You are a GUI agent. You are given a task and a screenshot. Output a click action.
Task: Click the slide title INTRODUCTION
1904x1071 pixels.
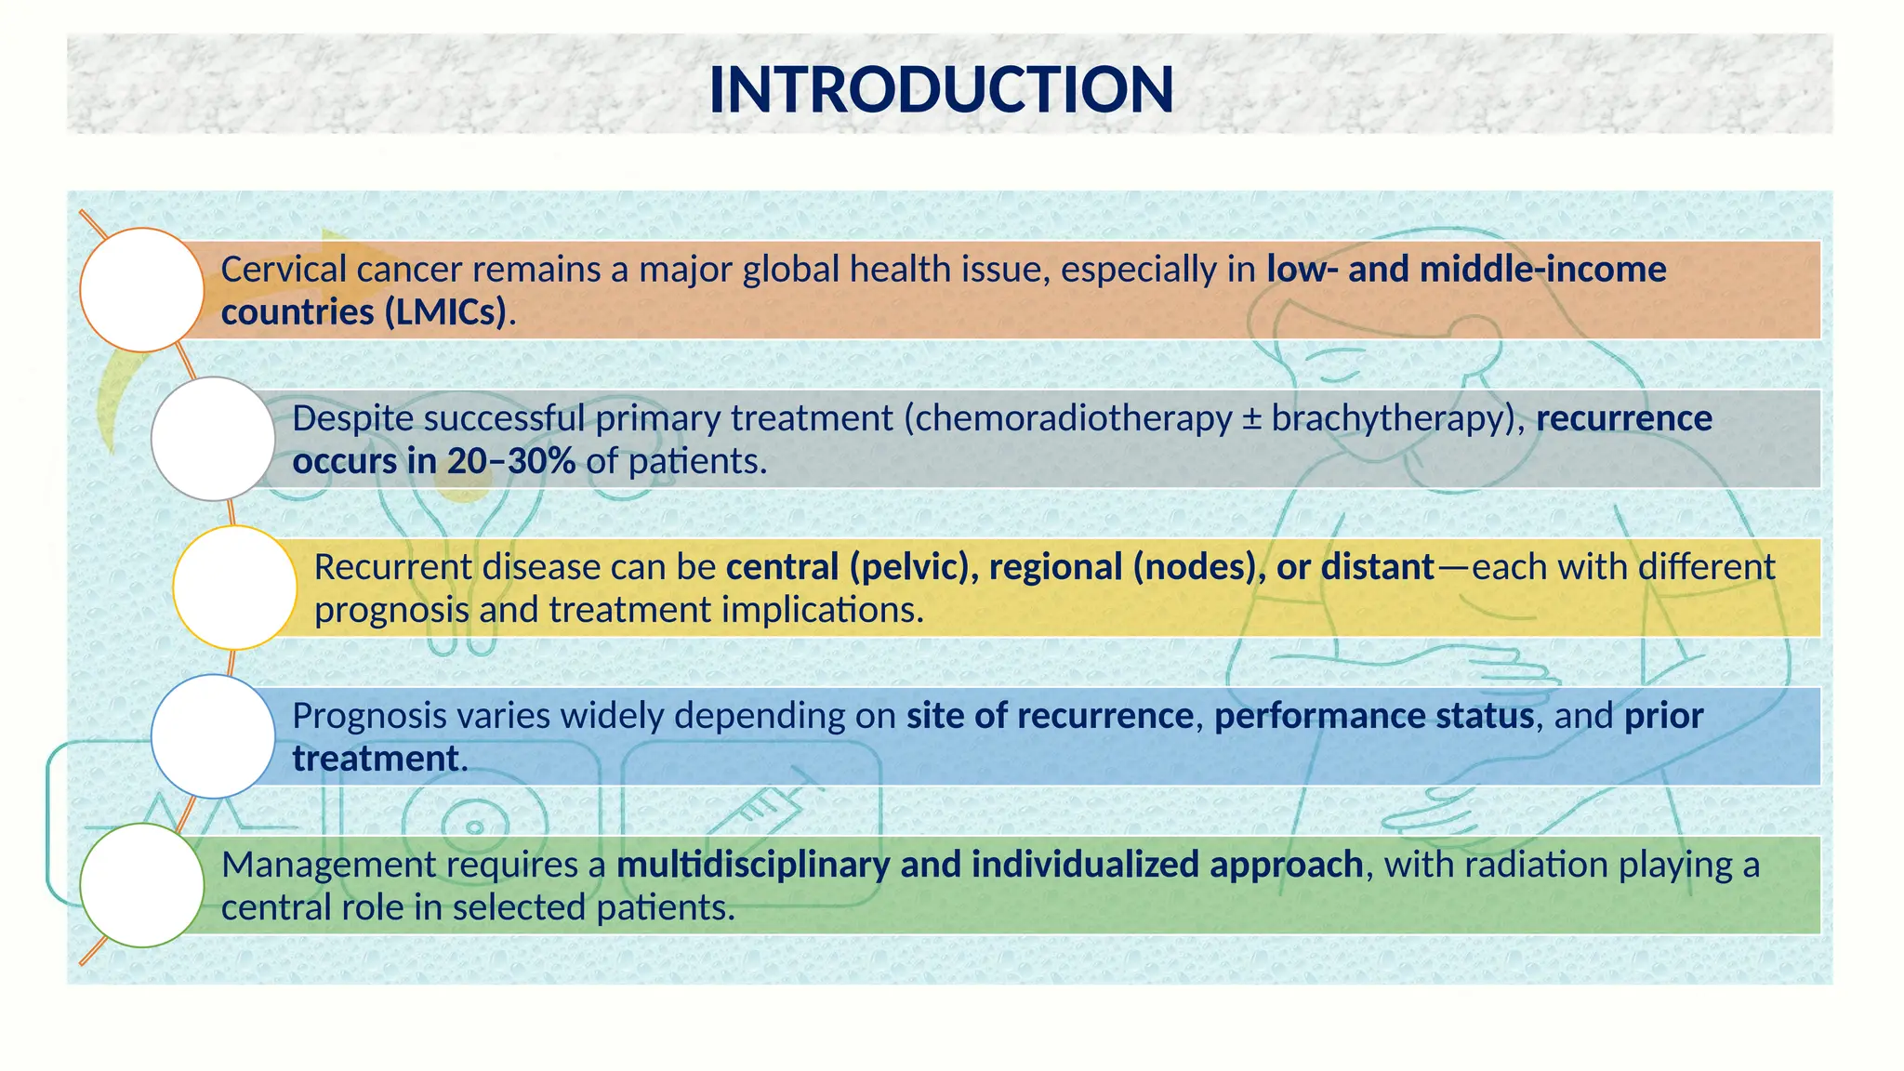tap(941, 90)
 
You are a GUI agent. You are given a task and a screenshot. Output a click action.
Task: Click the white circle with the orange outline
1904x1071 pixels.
tap(141, 290)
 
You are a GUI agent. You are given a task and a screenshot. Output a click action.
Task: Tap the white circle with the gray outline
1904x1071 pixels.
tap(213, 439)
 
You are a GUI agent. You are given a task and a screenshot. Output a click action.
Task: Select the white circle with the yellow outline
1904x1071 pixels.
tap(234, 588)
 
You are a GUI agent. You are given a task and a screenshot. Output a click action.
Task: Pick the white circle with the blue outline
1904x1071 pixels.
tap(213, 736)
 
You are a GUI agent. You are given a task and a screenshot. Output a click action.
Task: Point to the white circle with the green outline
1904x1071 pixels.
tap(141, 885)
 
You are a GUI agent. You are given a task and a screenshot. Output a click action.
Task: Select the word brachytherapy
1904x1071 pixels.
tap(1386, 419)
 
